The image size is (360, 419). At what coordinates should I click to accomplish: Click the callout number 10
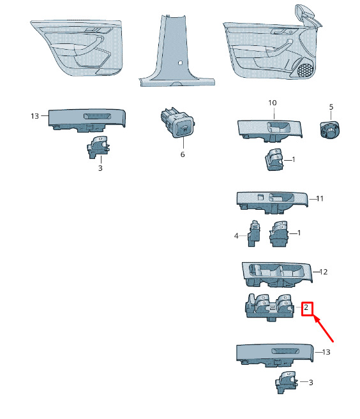[273, 103]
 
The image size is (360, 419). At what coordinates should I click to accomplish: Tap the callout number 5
[331, 107]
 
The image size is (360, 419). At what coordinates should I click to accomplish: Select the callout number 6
[183, 154]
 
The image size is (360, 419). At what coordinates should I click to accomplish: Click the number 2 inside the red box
[306, 307]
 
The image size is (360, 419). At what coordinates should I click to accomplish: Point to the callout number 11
[320, 198]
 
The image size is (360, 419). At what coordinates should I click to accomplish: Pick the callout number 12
[324, 272]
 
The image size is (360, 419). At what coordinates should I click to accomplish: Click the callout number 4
[236, 236]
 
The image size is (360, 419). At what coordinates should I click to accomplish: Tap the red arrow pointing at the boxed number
[324, 328]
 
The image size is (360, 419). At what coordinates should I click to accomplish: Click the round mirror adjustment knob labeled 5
[330, 129]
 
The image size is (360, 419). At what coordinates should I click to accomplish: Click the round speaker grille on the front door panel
[305, 71]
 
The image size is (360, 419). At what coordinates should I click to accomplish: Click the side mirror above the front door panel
[308, 15]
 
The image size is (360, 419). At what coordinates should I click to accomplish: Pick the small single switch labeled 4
[253, 233]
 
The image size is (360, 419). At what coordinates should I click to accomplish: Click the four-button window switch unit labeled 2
[269, 307]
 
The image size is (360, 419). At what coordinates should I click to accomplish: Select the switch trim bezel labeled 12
[277, 275]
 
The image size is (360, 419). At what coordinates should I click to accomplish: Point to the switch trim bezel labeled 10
[269, 130]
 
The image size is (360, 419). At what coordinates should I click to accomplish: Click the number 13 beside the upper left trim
[34, 116]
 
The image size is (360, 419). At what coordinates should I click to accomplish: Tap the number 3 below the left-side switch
[100, 168]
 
